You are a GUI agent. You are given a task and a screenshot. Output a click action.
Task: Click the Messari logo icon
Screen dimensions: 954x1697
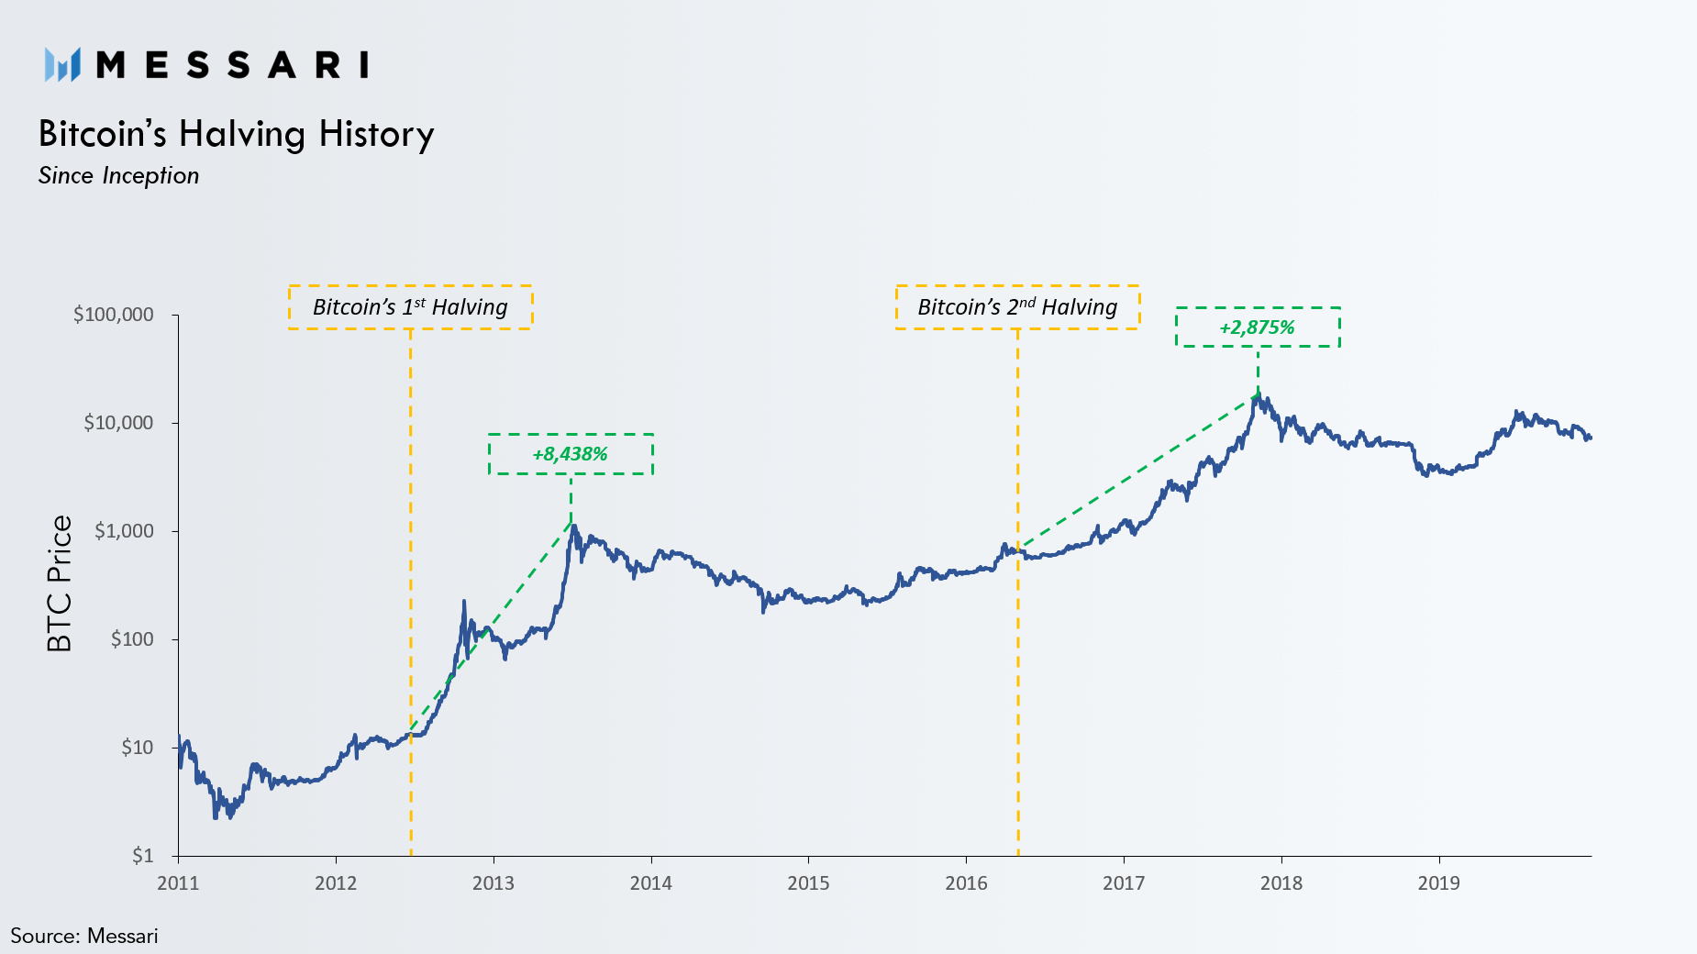pos(62,65)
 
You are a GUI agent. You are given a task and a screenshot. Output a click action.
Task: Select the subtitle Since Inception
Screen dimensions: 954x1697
pos(118,176)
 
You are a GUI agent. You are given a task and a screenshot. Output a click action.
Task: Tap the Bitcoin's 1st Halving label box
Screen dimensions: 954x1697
pos(410,307)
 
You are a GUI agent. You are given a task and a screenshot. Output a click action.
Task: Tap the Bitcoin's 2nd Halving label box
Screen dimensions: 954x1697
pos(1017,307)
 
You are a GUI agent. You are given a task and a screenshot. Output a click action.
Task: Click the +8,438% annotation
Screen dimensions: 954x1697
pos(570,454)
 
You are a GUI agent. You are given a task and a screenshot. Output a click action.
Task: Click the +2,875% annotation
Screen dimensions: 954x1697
pos(1257,327)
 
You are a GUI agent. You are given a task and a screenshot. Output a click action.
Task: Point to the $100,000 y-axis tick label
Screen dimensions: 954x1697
pos(114,315)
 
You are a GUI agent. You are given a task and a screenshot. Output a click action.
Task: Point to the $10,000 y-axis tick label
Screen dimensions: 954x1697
pos(118,423)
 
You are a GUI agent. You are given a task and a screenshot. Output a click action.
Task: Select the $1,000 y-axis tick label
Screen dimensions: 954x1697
pos(124,531)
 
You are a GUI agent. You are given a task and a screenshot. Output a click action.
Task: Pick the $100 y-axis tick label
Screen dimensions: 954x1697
pos(132,639)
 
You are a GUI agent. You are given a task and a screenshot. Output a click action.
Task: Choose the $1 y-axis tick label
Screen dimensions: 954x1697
pos(143,856)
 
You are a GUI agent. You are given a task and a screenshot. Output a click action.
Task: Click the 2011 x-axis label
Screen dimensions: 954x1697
pos(178,883)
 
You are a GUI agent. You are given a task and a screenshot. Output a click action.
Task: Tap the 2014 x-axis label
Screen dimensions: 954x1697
pos(650,883)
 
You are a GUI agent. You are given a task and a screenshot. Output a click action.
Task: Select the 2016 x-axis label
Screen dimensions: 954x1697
pos(966,883)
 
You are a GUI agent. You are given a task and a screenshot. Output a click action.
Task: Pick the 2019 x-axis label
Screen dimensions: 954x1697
pos(1438,883)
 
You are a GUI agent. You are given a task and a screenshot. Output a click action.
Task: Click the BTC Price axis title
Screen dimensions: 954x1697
pos(59,583)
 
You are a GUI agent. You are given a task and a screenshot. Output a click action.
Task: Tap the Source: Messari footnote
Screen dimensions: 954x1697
pos(84,936)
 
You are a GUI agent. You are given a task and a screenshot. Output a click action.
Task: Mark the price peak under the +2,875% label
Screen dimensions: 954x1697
pos(1259,395)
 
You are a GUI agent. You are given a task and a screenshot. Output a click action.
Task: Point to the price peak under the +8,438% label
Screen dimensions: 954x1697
pos(572,527)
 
